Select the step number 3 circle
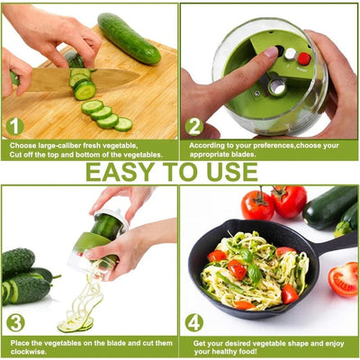(14, 321)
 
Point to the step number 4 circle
(194, 321)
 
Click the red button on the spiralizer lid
(304, 58)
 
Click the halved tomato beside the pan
(343, 279)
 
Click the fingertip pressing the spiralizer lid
(267, 55)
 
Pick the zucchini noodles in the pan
(252, 270)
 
